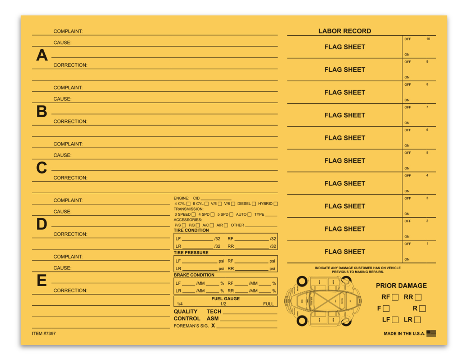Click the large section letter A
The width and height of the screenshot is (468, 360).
click(x=42, y=55)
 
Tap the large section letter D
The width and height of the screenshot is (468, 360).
click(x=42, y=224)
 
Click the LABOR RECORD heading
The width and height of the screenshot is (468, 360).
click(x=345, y=31)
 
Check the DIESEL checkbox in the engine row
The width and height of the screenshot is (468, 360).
click(x=254, y=204)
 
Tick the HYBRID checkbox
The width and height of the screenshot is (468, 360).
click(x=275, y=204)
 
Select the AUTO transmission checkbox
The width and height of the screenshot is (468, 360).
click(x=249, y=215)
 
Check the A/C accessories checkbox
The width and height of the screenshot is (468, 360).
click(x=212, y=225)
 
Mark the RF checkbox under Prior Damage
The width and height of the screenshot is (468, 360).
click(x=395, y=297)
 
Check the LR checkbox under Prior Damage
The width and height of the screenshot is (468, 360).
click(x=418, y=320)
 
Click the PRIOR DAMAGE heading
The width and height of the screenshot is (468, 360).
click(x=401, y=285)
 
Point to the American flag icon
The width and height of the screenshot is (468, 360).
click(x=431, y=333)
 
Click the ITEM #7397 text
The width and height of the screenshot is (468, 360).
click(x=44, y=333)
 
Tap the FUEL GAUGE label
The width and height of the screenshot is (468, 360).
click(x=225, y=299)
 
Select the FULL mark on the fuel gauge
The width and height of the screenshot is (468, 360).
click(x=268, y=304)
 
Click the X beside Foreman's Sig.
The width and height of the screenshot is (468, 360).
click(x=213, y=325)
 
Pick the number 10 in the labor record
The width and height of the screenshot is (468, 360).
click(x=428, y=39)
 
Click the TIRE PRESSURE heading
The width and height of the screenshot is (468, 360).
click(x=191, y=253)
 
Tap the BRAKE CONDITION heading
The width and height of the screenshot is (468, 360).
click(x=194, y=275)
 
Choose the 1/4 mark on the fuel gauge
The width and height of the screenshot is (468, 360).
click(x=180, y=304)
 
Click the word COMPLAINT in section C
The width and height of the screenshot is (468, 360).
click(x=68, y=144)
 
